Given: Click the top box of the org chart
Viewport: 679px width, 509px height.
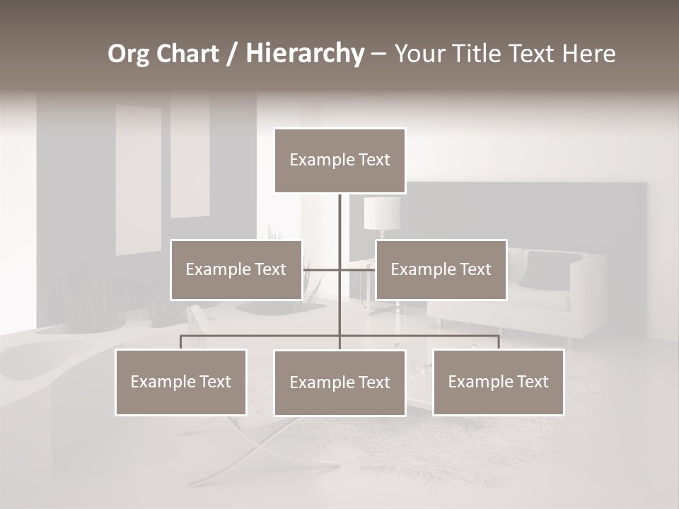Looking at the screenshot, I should (x=339, y=160).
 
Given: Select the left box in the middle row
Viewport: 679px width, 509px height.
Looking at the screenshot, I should (x=236, y=269).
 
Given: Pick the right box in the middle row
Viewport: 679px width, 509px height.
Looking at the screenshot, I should (x=441, y=269).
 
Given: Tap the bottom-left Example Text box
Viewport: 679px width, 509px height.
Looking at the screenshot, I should (x=180, y=382).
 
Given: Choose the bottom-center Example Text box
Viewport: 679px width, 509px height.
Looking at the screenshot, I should (x=339, y=382).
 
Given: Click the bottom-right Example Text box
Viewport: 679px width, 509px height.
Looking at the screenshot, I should (x=498, y=382).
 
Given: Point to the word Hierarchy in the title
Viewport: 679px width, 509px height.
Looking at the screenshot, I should (x=305, y=54).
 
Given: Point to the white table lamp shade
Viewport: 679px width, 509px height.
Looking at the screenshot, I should (x=382, y=213).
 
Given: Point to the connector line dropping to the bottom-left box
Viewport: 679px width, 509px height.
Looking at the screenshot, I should (x=180, y=342).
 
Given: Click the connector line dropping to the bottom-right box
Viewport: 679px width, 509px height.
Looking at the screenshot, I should (x=499, y=342).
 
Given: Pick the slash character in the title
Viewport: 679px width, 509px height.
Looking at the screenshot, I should (x=232, y=54).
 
